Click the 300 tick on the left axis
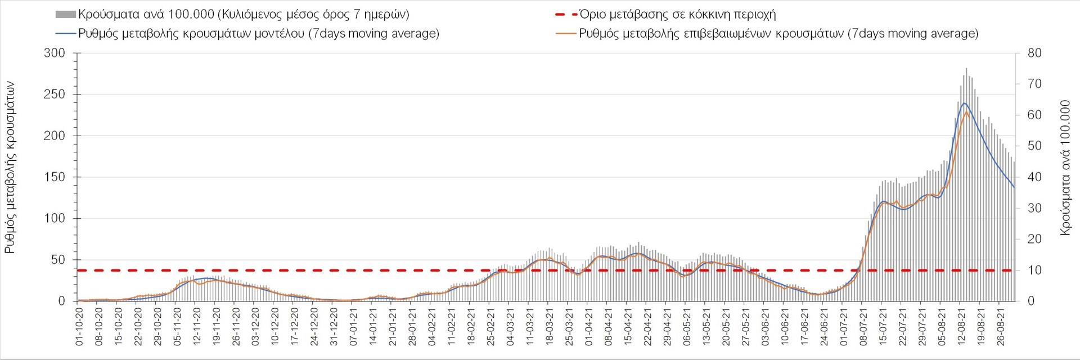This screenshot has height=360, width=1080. [55, 53]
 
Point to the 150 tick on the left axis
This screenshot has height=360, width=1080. [55, 177]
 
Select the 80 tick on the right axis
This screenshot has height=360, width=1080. [1034, 53]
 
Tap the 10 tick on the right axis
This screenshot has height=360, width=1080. [1034, 271]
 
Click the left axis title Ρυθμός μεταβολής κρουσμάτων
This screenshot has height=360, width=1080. [10, 167]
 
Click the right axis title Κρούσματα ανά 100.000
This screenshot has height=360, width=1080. [1065, 167]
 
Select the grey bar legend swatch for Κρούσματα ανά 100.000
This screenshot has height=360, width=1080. [65, 15]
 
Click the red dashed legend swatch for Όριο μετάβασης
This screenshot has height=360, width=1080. [566, 15]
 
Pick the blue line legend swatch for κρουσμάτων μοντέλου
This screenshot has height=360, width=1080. [65, 34]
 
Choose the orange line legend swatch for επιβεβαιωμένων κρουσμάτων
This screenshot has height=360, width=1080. [566, 34]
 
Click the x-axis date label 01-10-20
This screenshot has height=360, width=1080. [79, 326]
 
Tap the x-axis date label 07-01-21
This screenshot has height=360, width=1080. [354, 326]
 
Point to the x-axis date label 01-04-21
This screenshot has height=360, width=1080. [589, 326]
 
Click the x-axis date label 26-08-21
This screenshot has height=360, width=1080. [1000, 326]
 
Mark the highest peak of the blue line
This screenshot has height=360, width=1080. [965, 103]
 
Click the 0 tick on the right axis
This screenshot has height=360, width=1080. [1030, 301]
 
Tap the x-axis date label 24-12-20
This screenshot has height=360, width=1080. [314, 326]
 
